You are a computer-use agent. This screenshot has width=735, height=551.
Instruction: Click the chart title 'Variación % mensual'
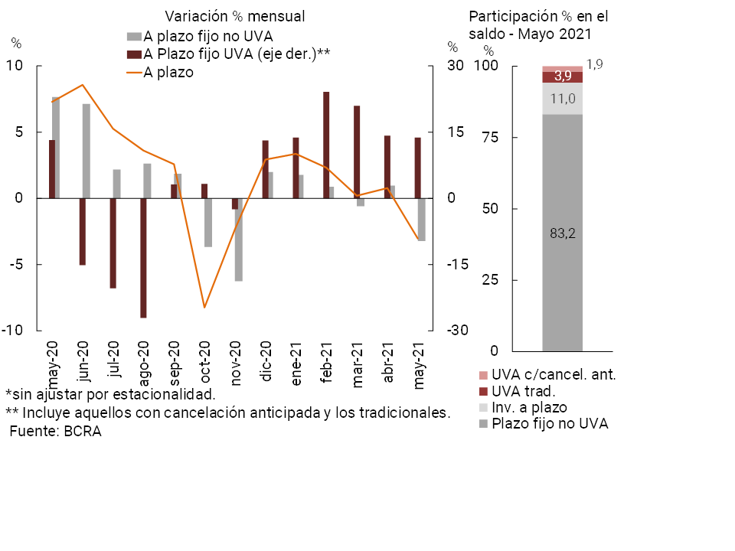click(x=235, y=16)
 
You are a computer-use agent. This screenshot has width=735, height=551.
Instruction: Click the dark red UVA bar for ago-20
click(x=143, y=257)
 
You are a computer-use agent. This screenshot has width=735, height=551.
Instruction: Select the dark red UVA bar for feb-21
click(x=326, y=145)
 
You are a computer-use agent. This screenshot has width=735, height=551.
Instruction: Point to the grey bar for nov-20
click(x=239, y=240)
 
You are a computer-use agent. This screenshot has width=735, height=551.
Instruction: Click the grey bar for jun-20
click(x=87, y=151)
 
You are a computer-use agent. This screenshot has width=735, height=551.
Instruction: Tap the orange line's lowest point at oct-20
click(x=204, y=308)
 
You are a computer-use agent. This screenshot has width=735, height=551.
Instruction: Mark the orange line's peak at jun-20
click(x=83, y=85)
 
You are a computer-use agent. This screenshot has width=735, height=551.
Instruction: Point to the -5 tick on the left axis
click(x=22, y=264)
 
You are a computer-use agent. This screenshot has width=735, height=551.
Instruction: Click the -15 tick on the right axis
click(x=457, y=264)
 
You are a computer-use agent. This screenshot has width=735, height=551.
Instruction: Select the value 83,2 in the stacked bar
click(x=562, y=233)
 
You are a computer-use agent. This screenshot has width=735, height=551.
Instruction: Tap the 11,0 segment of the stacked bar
click(x=562, y=98)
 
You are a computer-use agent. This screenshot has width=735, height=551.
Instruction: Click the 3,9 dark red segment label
click(x=562, y=76)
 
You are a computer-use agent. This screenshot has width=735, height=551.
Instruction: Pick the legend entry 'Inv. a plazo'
click(x=529, y=407)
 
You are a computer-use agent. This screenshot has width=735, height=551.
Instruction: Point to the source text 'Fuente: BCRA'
click(x=55, y=431)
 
